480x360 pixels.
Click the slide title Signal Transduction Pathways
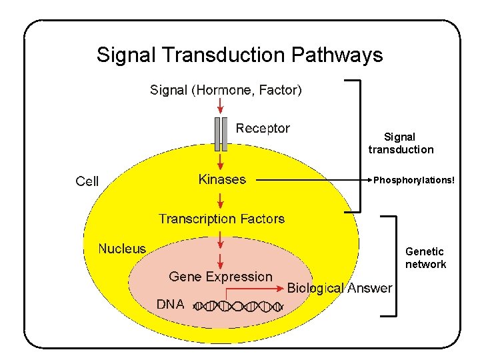pos(239,55)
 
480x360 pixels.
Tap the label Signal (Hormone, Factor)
pos(226,89)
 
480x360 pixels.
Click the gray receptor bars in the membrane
pos(221,133)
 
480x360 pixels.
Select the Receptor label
pos(263,128)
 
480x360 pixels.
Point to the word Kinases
pos(222,179)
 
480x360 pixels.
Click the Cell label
pos(87,181)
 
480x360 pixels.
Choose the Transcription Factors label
pos(221,219)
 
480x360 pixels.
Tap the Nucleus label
pos(122,249)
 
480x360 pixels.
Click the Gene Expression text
pos(221,277)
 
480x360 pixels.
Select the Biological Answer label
pos(339,288)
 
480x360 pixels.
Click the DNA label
pos(170,304)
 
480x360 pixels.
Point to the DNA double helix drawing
pos(239,307)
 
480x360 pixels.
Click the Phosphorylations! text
pos(413,180)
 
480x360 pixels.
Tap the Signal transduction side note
pos(401,143)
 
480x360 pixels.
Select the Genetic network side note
pos(425,258)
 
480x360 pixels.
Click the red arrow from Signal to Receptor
pos(221,106)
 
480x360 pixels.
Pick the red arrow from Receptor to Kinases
pos(221,162)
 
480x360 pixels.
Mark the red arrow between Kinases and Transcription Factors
pos(221,199)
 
